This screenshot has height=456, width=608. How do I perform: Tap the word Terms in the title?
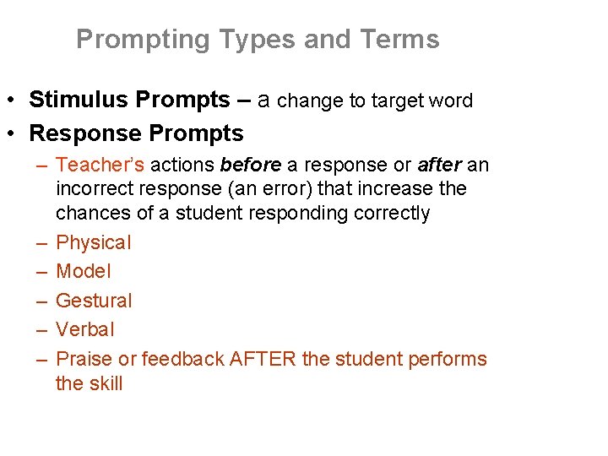399,40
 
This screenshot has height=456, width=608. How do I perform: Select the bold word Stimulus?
76,100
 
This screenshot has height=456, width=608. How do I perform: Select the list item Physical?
94,242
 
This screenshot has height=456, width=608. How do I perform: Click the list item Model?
84,271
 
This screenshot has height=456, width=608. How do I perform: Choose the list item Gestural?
94,301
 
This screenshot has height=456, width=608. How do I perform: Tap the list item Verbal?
84,329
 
